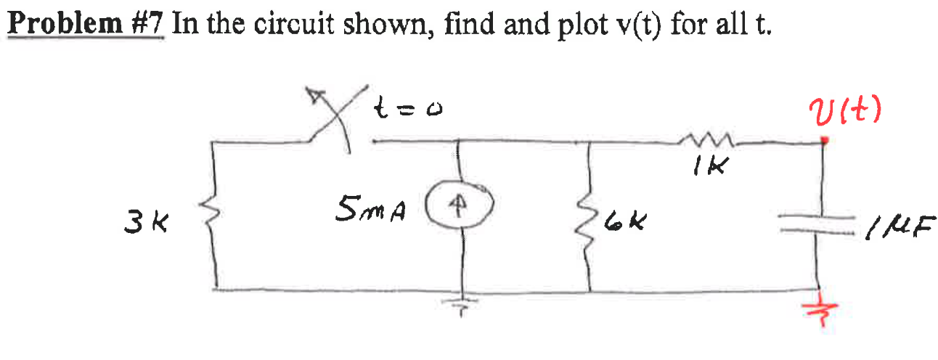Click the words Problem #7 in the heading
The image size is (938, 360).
tap(86, 26)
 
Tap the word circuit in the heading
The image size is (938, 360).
tap(300, 26)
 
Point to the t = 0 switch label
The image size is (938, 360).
tap(409, 110)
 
